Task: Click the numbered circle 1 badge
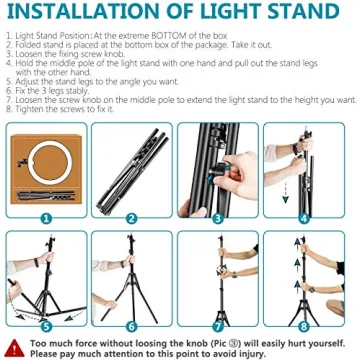(44, 217)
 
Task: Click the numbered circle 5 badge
(44, 326)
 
